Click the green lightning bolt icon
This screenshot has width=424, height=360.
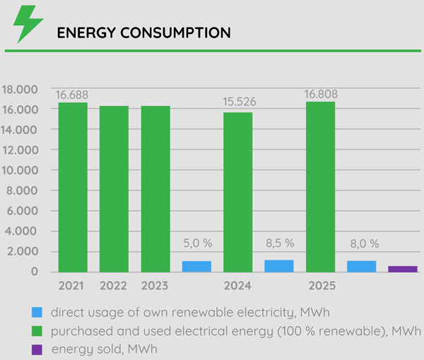click(x=28, y=24)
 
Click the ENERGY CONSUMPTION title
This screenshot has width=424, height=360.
click(x=143, y=33)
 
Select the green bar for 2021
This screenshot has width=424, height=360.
click(x=73, y=187)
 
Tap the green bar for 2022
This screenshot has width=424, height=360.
click(x=114, y=189)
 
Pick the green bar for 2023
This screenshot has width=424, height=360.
click(x=155, y=189)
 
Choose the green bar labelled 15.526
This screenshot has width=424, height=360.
click(x=238, y=192)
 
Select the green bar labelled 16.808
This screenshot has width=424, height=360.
click(x=321, y=187)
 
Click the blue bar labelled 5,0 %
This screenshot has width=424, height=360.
click(x=196, y=267)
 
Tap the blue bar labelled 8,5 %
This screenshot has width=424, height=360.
click(x=279, y=266)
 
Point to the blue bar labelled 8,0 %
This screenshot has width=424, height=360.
click(x=362, y=267)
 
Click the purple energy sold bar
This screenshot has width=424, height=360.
click(x=403, y=269)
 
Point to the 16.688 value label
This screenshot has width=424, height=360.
click(x=72, y=95)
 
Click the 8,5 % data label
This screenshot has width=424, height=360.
click(x=279, y=243)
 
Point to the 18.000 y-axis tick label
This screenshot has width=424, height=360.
click(x=21, y=90)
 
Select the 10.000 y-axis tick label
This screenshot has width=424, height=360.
click(x=21, y=170)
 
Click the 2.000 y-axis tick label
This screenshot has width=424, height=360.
click(x=24, y=252)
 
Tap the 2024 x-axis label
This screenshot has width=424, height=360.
click(x=237, y=286)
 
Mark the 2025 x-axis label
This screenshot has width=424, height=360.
click(x=321, y=286)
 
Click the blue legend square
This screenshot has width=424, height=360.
click(x=37, y=312)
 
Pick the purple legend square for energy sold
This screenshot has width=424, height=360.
click(x=37, y=349)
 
